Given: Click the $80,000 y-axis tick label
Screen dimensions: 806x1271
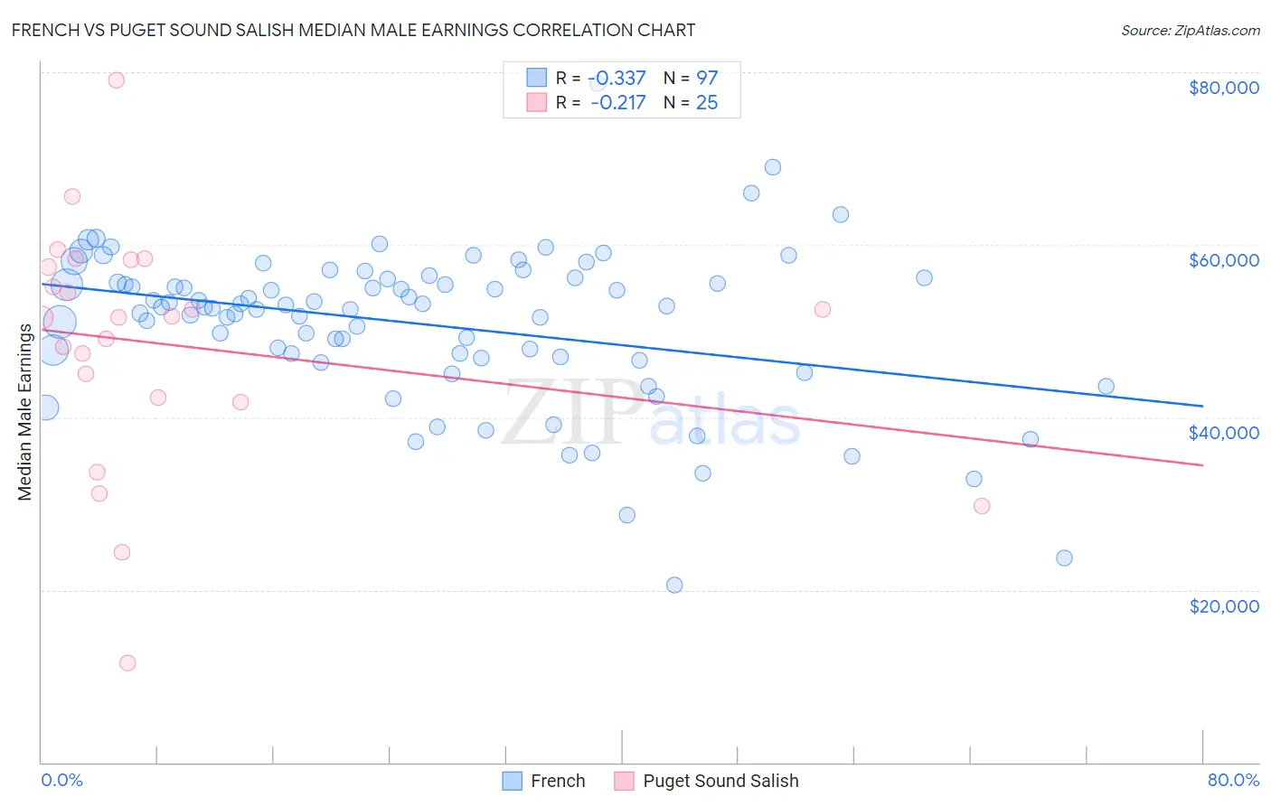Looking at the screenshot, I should pos(1223,88).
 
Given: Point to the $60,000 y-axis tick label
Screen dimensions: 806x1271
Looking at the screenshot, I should pos(1223,260).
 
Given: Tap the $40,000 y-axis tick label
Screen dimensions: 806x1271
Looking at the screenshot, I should pos(1223,433).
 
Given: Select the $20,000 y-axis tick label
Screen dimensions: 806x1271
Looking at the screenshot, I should pos(1223,605).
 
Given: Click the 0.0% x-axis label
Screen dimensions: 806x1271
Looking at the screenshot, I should pos(61,780).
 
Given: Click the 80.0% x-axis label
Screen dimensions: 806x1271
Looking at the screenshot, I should pos(1233,780).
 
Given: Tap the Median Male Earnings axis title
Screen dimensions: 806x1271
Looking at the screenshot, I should pos(24,411).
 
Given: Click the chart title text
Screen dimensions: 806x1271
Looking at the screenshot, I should pos(353,30).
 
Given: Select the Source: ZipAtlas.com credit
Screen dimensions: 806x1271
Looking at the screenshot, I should pos(1190,30).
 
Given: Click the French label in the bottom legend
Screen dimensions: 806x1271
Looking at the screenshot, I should pos(557,781).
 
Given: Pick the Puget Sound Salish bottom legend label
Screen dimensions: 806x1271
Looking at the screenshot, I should pos(720,781).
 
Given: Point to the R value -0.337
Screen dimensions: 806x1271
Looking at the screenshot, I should pos(617,79).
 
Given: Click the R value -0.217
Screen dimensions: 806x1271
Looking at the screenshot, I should pos(617,103).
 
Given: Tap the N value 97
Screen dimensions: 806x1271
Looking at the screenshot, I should pos(707,79).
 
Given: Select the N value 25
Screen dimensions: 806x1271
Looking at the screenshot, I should pos(707,103).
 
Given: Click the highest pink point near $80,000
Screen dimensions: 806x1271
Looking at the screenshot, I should pos(116,80).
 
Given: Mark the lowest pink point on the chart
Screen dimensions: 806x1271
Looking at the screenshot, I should pos(127,663).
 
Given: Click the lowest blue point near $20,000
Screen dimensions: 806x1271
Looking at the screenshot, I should pos(674,585).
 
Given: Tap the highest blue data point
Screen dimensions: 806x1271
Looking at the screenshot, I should pos(773,167).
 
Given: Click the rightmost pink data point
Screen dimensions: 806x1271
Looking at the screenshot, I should pos(982,506).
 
